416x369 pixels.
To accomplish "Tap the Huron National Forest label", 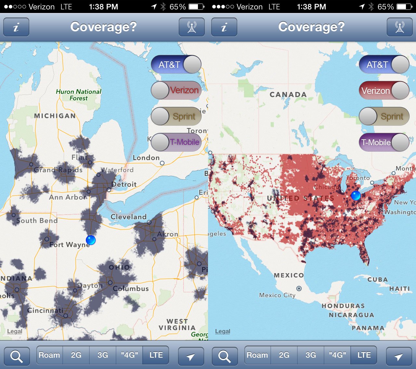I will tap(78, 95).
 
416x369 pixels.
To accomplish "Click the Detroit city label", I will tap(124, 184).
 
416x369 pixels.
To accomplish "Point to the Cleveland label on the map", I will tap(128, 217).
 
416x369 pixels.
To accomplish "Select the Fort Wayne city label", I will tap(70, 245).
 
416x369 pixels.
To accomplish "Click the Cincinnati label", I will tap(45, 311).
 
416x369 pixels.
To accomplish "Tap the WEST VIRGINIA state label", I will tap(177, 324).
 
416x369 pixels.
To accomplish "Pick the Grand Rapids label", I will tap(58, 170).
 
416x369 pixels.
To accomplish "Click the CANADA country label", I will tap(288, 95).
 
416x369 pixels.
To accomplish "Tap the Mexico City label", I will tap(277, 295).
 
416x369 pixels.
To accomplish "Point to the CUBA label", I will tap(378, 280).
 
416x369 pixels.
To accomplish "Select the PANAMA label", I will tap(368, 328).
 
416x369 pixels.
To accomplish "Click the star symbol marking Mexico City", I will tap(299, 288).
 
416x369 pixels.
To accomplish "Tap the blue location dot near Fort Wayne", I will tap(91, 240).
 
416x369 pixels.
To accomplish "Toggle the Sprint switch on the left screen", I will tap(176, 116).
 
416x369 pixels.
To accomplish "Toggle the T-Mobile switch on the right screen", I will tap(384, 142).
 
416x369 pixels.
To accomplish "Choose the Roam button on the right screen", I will tap(257, 355).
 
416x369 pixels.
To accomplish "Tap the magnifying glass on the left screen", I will tap(17, 356).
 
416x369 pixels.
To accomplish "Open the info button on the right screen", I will tap(224, 27).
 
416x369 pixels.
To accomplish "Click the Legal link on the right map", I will tap(223, 331).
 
